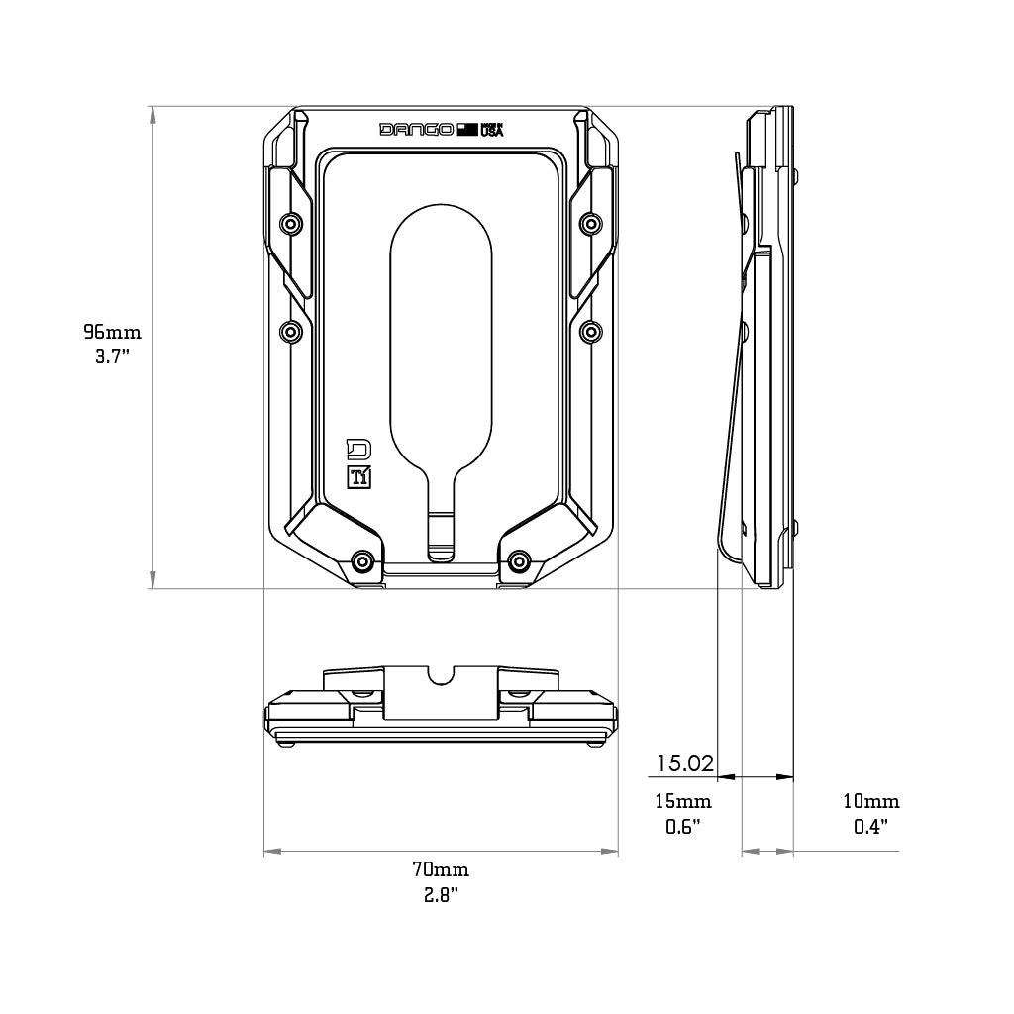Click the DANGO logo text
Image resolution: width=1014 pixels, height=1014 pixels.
coord(417,129)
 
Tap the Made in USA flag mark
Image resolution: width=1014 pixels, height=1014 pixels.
coord(467,129)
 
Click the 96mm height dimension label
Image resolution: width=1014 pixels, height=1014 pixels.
coord(112,331)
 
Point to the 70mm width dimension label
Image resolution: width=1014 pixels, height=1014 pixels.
coord(441,870)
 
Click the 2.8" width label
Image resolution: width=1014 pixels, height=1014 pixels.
coord(441,895)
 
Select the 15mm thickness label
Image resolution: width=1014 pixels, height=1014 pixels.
coord(683,801)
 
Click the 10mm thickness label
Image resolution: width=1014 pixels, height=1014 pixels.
coord(871,801)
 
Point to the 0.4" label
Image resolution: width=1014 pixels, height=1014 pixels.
coord(871,826)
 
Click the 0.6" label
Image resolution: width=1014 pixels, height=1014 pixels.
coord(683,826)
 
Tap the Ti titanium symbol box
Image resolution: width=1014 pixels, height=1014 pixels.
coord(359,476)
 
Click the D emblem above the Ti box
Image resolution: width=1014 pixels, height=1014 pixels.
coord(358,449)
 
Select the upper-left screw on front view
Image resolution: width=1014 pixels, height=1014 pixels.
coord(290,223)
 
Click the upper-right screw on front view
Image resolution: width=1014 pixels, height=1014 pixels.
coord(590,223)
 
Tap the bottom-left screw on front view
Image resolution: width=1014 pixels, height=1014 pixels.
coord(363,562)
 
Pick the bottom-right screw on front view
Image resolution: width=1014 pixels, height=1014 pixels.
coord(518,562)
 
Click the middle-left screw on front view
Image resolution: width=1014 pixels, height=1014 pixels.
coord(290,331)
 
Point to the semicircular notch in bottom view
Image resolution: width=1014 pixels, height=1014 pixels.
coord(441,673)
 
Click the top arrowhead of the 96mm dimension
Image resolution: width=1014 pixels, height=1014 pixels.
coord(152,114)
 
